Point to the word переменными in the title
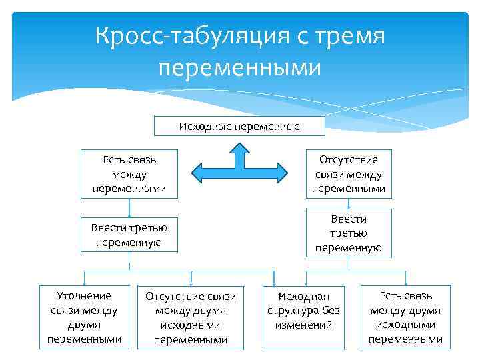(x=240, y=67)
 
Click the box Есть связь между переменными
(x=129, y=174)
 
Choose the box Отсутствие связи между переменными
(x=348, y=174)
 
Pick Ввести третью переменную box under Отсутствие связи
(x=348, y=233)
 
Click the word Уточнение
(x=84, y=295)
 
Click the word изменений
(x=303, y=325)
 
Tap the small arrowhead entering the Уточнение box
(x=83, y=283)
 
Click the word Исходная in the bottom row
(x=303, y=296)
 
